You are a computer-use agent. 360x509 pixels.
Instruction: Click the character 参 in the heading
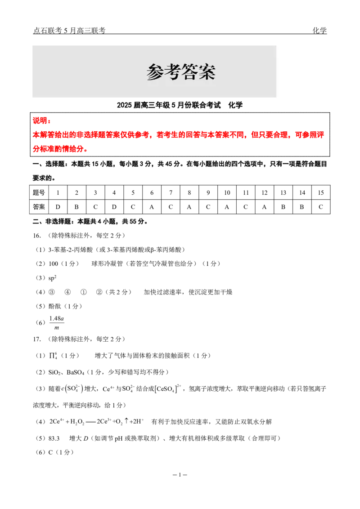(x=155, y=72)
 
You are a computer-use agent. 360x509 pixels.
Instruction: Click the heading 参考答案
(x=181, y=72)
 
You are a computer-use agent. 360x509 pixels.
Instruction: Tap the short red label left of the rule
(x=40, y=121)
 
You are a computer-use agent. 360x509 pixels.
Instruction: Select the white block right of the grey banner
(x=304, y=71)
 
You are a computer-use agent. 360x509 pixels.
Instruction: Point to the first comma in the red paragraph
(x=150, y=136)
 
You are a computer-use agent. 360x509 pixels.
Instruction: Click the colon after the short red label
(x=49, y=121)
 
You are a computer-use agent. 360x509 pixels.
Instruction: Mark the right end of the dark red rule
(x=326, y=124)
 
